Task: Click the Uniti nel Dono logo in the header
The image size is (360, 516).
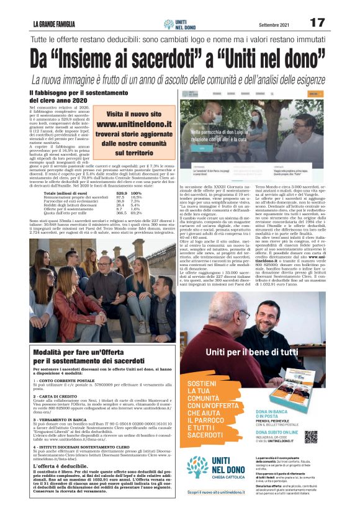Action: tap(180, 24)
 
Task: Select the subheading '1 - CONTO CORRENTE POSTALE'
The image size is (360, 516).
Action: tap(65, 380)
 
